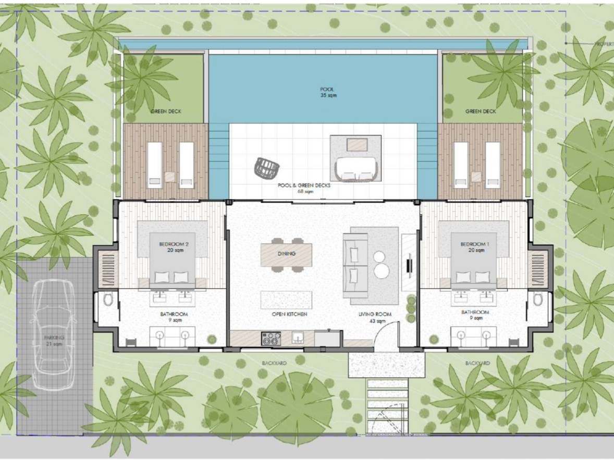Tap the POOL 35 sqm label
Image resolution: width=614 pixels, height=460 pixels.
328,92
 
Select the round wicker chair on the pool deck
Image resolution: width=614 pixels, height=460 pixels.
267,167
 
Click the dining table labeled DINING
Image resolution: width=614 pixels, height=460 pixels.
286,254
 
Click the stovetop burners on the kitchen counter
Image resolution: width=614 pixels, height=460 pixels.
271,339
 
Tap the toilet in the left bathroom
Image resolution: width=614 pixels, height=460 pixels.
108,300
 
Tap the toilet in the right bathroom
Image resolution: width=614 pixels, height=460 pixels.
538,300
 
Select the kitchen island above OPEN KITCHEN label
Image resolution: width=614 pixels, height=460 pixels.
286,300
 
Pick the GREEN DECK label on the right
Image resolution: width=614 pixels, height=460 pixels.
481,111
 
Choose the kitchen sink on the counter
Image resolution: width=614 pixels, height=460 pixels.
298,338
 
